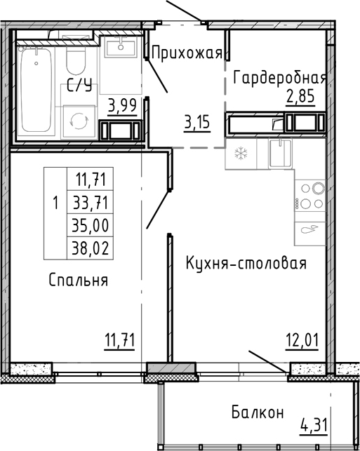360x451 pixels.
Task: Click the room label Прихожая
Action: (x=187, y=52)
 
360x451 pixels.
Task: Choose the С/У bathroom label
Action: (x=79, y=87)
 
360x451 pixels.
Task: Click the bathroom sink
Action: (x=123, y=48)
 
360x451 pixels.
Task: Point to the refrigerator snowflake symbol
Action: (x=239, y=153)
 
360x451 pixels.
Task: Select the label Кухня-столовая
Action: (x=246, y=264)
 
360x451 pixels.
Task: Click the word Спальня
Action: (x=79, y=281)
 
